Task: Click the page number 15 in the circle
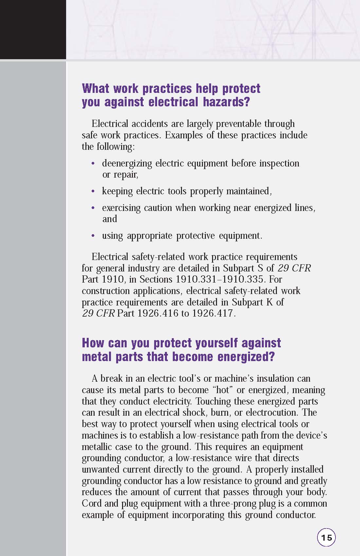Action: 326,537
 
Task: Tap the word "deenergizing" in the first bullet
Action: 127,163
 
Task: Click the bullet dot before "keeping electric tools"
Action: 93,191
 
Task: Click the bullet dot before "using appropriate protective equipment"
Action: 93,235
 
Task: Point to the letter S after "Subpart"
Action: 261,268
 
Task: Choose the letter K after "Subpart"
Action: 270,302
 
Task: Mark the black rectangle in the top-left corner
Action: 33,29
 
